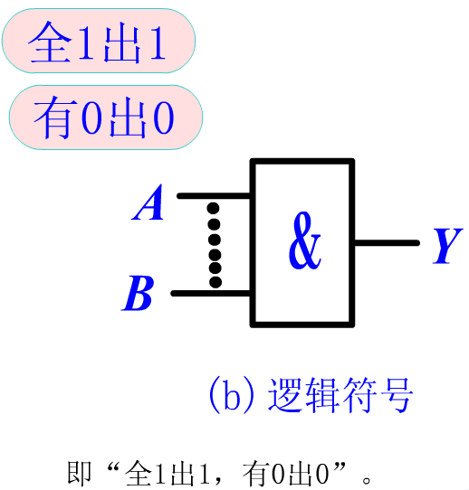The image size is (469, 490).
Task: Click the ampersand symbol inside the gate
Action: pyautogui.click(x=304, y=240)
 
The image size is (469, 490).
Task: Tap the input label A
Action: pyautogui.click(x=148, y=203)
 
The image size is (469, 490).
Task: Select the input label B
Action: pyautogui.click(x=138, y=293)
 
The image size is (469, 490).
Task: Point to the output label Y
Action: pyautogui.click(x=448, y=246)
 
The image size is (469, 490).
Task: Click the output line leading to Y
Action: pyautogui.click(x=387, y=243)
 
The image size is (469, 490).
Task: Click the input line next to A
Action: pyautogui.click(x=214, y=196)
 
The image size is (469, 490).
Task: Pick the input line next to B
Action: pyautogui.click(x=211, y=293)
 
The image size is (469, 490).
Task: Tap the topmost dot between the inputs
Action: pyautogui.click(x=214, y=208)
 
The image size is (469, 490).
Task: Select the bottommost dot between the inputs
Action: pyautogui.click(x=215, y=281)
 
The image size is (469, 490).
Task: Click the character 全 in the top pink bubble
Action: pyautogui.click(x=51, y=42)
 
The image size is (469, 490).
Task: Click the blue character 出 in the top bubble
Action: pyautogui.click(x=122, y=44)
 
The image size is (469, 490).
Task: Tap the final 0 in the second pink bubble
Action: pyautogui.click(x=164, y=118)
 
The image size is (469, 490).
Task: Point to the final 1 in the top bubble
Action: pyautogui.click(x=158, y=42)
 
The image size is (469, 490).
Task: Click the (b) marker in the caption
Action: pyautogui.click(x=232, y=394)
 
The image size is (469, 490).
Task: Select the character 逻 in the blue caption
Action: pyautogui.click(x=286, y=394)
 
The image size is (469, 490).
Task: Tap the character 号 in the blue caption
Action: pyautogui.click(x=396, y=394)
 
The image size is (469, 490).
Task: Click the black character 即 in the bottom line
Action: pyautogui.click(x=79, y=473)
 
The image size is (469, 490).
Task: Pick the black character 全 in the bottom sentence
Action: pyautogui.click(x=139, y=473)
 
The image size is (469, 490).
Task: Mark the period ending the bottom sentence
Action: pyautogui.click(x=366, y=480)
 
